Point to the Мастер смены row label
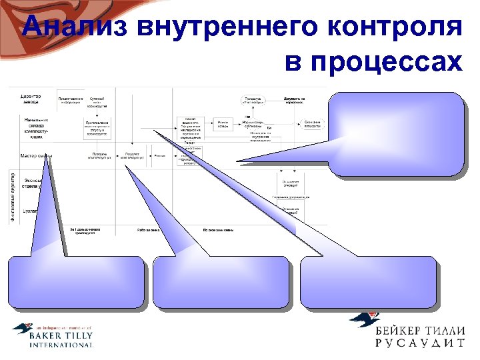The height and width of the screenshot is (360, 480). point(36,156)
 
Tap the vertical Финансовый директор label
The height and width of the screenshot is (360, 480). point(14,197)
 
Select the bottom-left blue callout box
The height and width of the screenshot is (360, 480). point(77,283)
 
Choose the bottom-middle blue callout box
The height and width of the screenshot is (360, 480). point(221,283)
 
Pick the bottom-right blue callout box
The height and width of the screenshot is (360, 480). point(369,283)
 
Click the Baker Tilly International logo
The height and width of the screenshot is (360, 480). point(53,335)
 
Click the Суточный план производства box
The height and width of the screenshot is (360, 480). point(97,101)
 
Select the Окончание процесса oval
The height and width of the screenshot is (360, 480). point(313,124)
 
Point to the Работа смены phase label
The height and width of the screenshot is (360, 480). point(147,230)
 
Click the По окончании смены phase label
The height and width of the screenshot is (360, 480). point(218,230)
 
